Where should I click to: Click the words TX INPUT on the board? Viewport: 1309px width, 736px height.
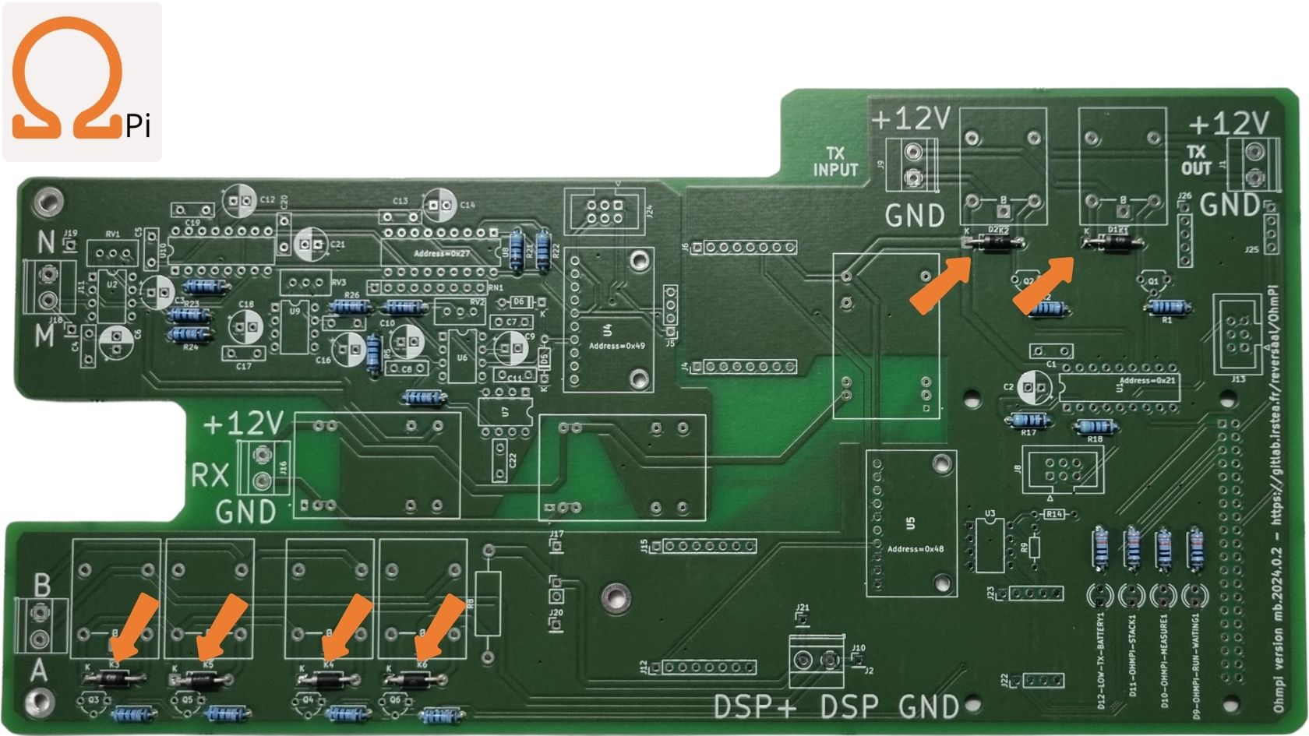(x=835, y=162)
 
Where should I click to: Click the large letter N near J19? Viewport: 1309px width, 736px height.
(x=45, y=244)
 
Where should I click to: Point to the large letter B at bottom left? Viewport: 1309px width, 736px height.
(x=43, y=585)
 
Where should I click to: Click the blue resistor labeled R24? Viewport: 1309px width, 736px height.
(x=189, y=334)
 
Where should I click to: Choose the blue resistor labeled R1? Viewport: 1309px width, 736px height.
(x=1166, y=308)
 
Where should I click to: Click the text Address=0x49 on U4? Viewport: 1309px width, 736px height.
(x=616, y=346)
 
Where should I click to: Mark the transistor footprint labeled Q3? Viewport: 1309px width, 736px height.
(x=93, y=703)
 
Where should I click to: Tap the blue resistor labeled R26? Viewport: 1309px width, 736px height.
(x=350, y=307)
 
